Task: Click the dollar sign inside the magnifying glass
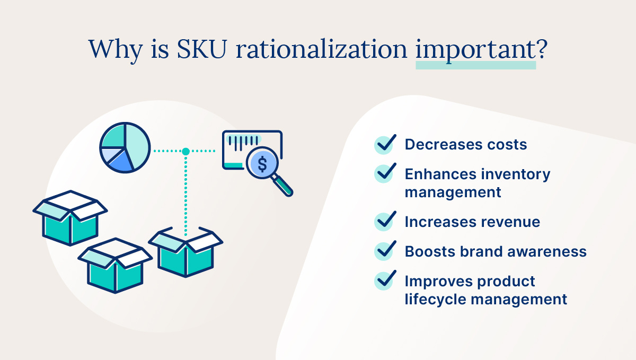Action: (262, 164)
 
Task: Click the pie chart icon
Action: (125, 147)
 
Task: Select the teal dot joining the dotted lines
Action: (185, 152)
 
